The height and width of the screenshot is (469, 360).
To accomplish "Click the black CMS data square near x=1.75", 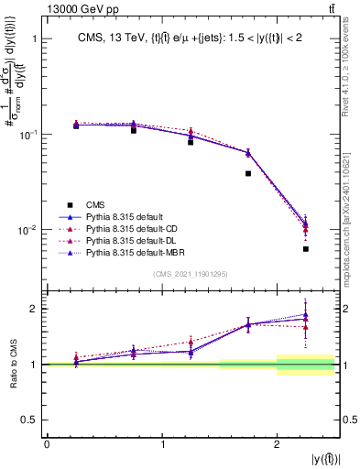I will pyautogui.click(x=248, y=173).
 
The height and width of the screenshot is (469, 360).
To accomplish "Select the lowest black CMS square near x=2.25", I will pyautogui.click(x=306, y=249).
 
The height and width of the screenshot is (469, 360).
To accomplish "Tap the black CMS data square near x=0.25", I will pyautogui.click(x=76, y=125).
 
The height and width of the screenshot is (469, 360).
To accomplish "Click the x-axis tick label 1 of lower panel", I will pyautogui.click(x=162, y=443).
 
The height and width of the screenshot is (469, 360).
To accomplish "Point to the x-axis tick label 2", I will pyautogui.click(x=278, y=443).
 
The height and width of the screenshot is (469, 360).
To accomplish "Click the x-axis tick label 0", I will pyautogui.click(x=47, y=443).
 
